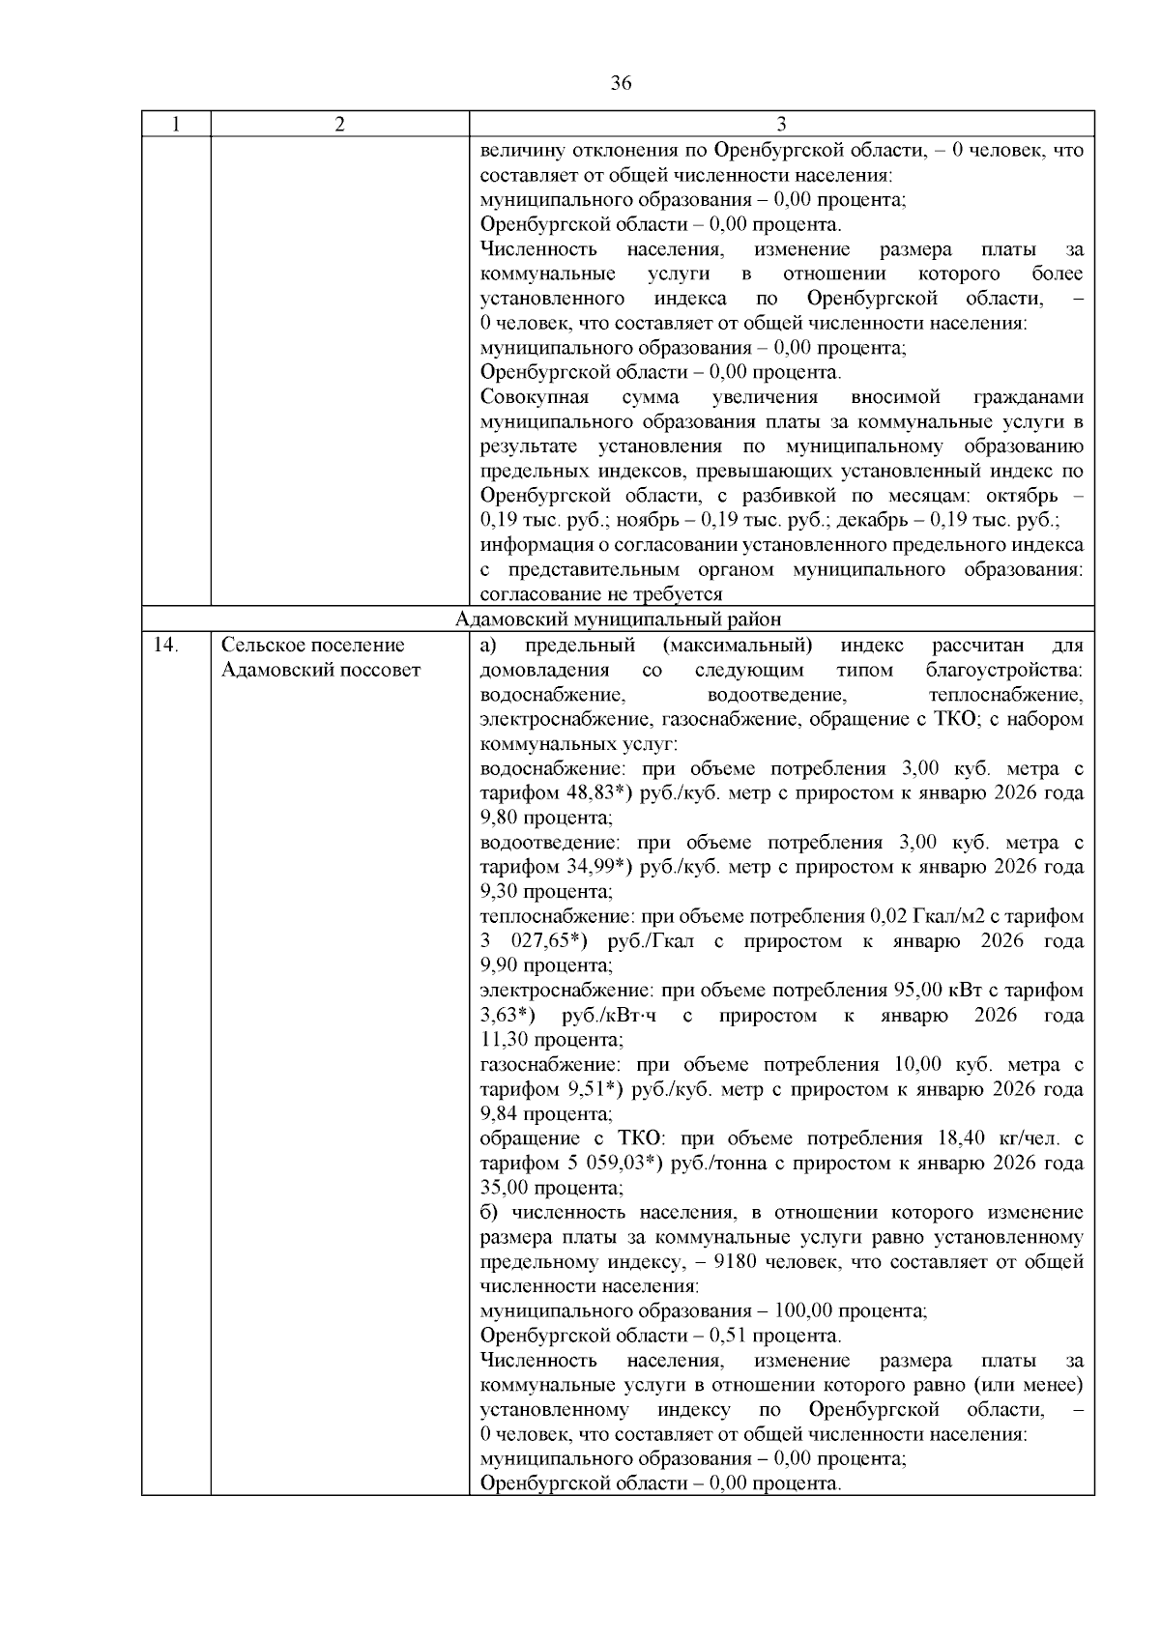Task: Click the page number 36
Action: [622, 84]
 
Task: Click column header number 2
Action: [339, 125]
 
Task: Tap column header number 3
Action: [781, 125]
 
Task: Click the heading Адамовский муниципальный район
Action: [618, 619]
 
